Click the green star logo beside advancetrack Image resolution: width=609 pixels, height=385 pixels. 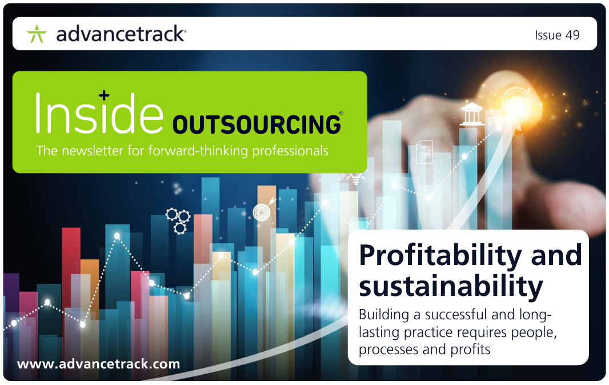tap(37, 34)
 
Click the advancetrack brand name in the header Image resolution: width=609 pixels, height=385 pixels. tap(121, 34)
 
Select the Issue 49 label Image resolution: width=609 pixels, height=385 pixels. tap(557, 35)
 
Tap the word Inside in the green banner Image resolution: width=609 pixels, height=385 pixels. tap(99, 113)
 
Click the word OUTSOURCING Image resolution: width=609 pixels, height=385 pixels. tap(257, 125)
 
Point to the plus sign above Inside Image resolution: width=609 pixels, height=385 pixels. tap(104, 95)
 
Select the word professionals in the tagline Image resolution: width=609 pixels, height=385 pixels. tap(290, 151)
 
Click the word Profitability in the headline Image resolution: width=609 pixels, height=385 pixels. tap(440, 256)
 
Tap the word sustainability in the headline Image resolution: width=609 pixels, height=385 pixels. tap(451, 287)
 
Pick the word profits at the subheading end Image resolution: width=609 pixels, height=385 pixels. tap(470, 350)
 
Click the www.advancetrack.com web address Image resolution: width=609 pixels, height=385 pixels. tap(99, 364)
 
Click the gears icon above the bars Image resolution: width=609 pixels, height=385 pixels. tap(178, 220)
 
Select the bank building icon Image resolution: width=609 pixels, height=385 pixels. tap(471, 114)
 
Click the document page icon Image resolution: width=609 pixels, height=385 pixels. tap(424, 152)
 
